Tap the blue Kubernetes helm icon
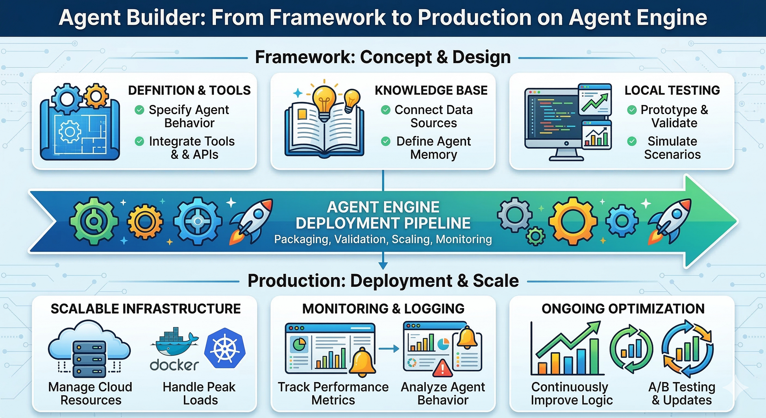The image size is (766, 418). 225,348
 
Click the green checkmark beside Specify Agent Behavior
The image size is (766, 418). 139,110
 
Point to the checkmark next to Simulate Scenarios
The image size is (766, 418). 632,141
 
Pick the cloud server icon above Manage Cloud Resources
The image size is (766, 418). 89,348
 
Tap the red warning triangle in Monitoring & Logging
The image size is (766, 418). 443,368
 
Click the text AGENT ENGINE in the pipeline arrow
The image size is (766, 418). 383,207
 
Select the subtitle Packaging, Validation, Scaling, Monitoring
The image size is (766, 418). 383,239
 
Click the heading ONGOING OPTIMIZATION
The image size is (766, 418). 623,309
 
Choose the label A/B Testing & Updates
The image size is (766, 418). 681,393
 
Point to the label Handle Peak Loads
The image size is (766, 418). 199,393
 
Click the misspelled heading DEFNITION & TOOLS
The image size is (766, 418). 189,90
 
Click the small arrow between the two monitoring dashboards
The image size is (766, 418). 389,349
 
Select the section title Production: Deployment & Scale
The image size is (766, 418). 383,281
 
